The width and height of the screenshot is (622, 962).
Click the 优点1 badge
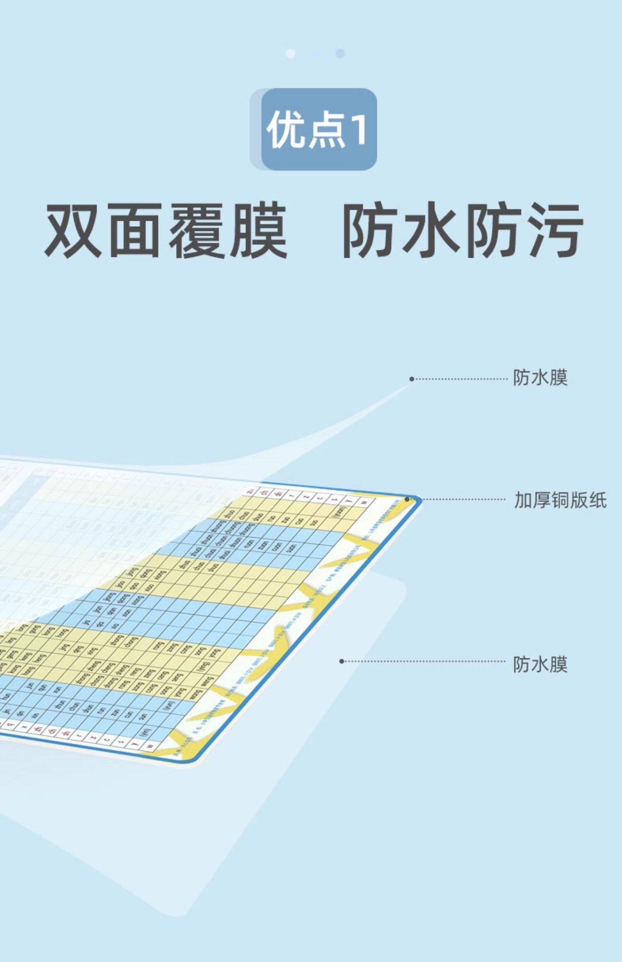tap(318, 129)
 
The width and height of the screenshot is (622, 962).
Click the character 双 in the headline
tap(73, 231)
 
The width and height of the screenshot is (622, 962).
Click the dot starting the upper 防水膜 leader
tap(411, 379)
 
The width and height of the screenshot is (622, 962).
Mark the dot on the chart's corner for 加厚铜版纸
tap(407, 499)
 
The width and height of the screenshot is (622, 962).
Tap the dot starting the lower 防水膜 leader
tap(342, 661)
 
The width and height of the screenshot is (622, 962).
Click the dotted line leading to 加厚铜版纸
tap(460, 500)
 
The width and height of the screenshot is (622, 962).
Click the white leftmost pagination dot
tap(291, 53)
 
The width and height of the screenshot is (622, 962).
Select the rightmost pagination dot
tap(340, 53)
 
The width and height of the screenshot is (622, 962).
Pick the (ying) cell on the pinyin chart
tap(204, 666)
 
